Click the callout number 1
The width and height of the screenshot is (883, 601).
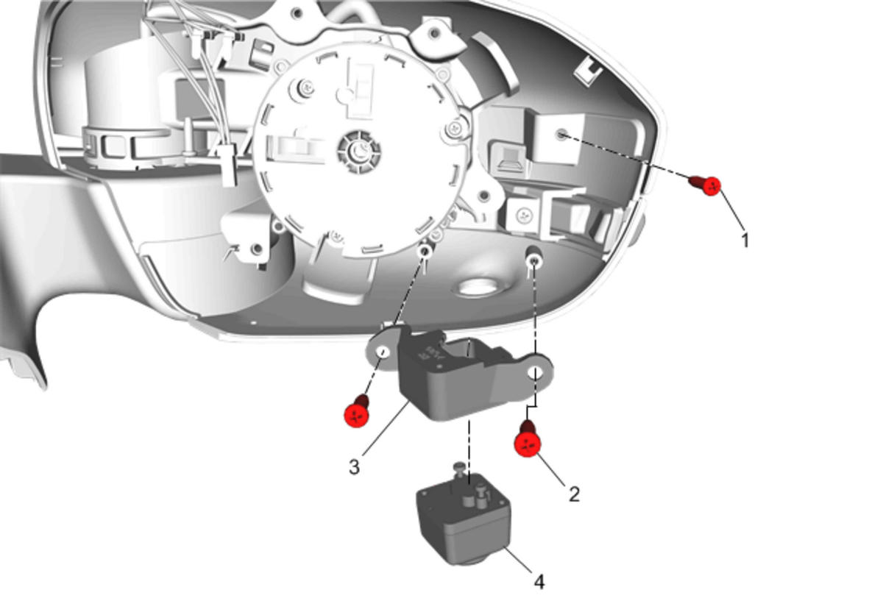point(745,241)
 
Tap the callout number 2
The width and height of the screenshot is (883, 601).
point(575,494)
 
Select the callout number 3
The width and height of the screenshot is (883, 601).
point(354,467)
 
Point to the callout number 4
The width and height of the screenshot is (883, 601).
point(539,582)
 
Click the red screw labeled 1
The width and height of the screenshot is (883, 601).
point(706,185)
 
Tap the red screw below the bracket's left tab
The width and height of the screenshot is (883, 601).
point(358,412)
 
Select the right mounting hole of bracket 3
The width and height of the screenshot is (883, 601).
point(536,372)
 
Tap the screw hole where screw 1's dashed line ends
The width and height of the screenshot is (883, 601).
point(561,135)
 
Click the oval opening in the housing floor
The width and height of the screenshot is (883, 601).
point(479,287)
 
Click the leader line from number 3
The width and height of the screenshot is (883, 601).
point(385,427)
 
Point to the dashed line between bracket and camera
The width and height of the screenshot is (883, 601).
point(469,452)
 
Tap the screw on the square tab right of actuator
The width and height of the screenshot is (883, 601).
point(524,216)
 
